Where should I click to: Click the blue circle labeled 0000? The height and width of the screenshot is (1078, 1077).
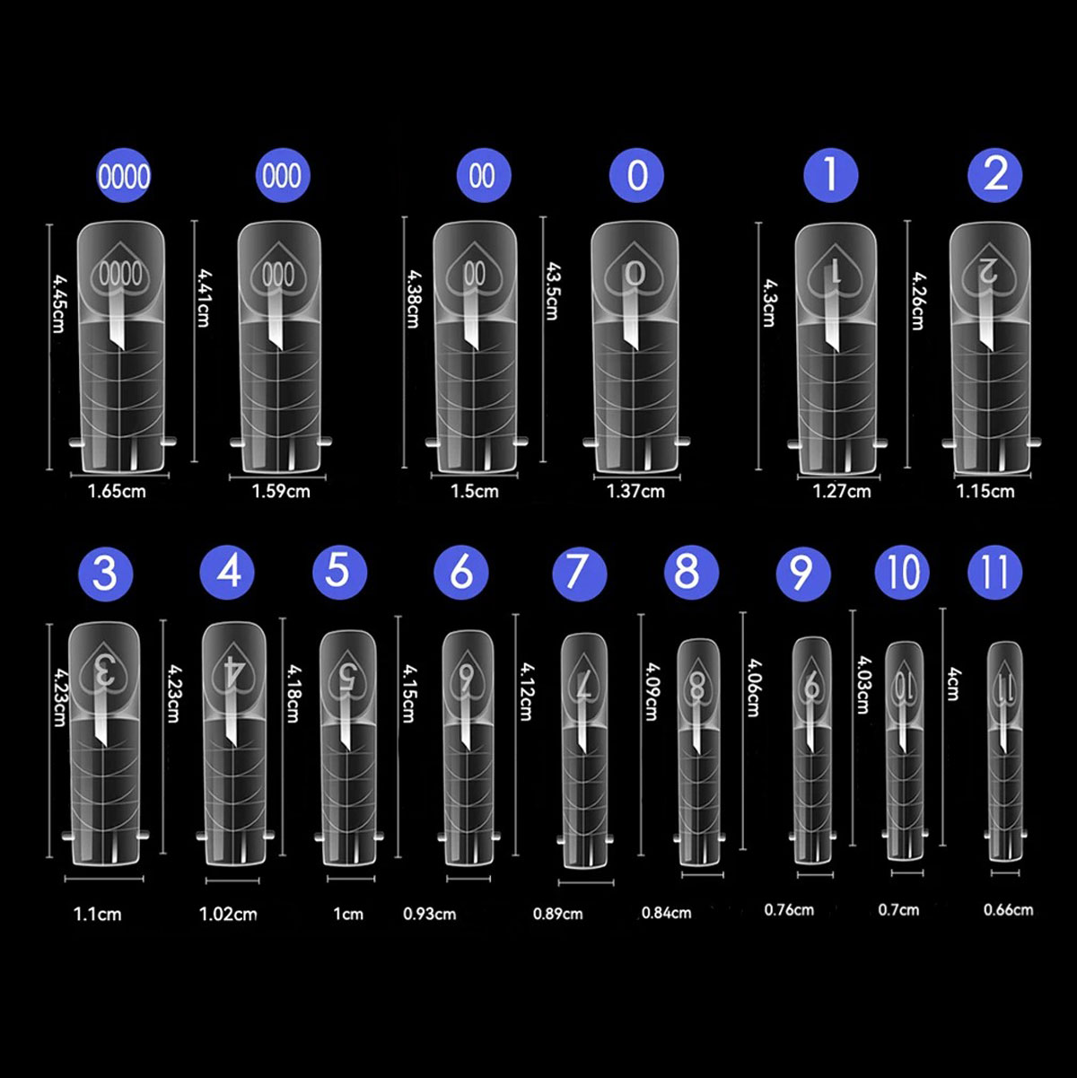coord(124,176)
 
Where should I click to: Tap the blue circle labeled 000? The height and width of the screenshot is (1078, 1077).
coord(282,176)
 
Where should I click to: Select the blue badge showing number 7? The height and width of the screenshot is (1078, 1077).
coord(579,573)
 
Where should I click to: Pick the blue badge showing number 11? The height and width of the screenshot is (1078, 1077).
coord(994,573)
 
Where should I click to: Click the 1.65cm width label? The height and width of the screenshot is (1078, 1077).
coord(117,492)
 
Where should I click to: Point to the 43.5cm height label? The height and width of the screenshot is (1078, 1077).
coord(552,291)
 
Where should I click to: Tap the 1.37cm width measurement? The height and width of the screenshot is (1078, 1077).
coord(636,492)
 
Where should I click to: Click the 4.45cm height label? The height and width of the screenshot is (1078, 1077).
coord(58,303)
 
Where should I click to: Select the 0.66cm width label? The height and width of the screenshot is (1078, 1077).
coord(1008,909)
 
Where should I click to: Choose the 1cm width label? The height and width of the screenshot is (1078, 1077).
coord(348,914)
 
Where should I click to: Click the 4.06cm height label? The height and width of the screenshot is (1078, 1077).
coord(753,688)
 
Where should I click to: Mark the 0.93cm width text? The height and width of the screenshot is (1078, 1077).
coord(429,914)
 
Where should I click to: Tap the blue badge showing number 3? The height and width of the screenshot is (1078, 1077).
coord(105,573)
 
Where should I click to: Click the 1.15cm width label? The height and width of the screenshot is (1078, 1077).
coord(985,492)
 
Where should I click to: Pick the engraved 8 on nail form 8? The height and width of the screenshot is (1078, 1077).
coord(697,687)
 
